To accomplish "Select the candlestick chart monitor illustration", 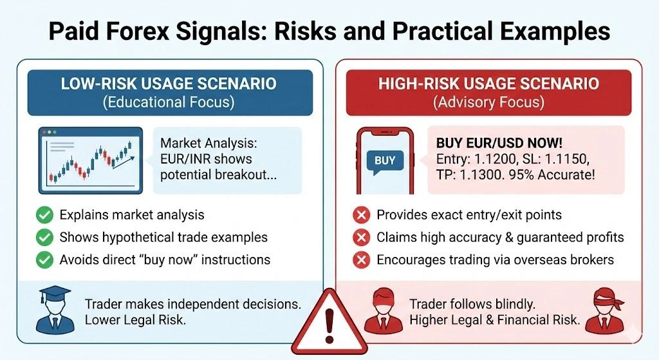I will pos(91,160).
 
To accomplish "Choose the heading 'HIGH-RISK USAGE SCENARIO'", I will pos(488,84).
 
